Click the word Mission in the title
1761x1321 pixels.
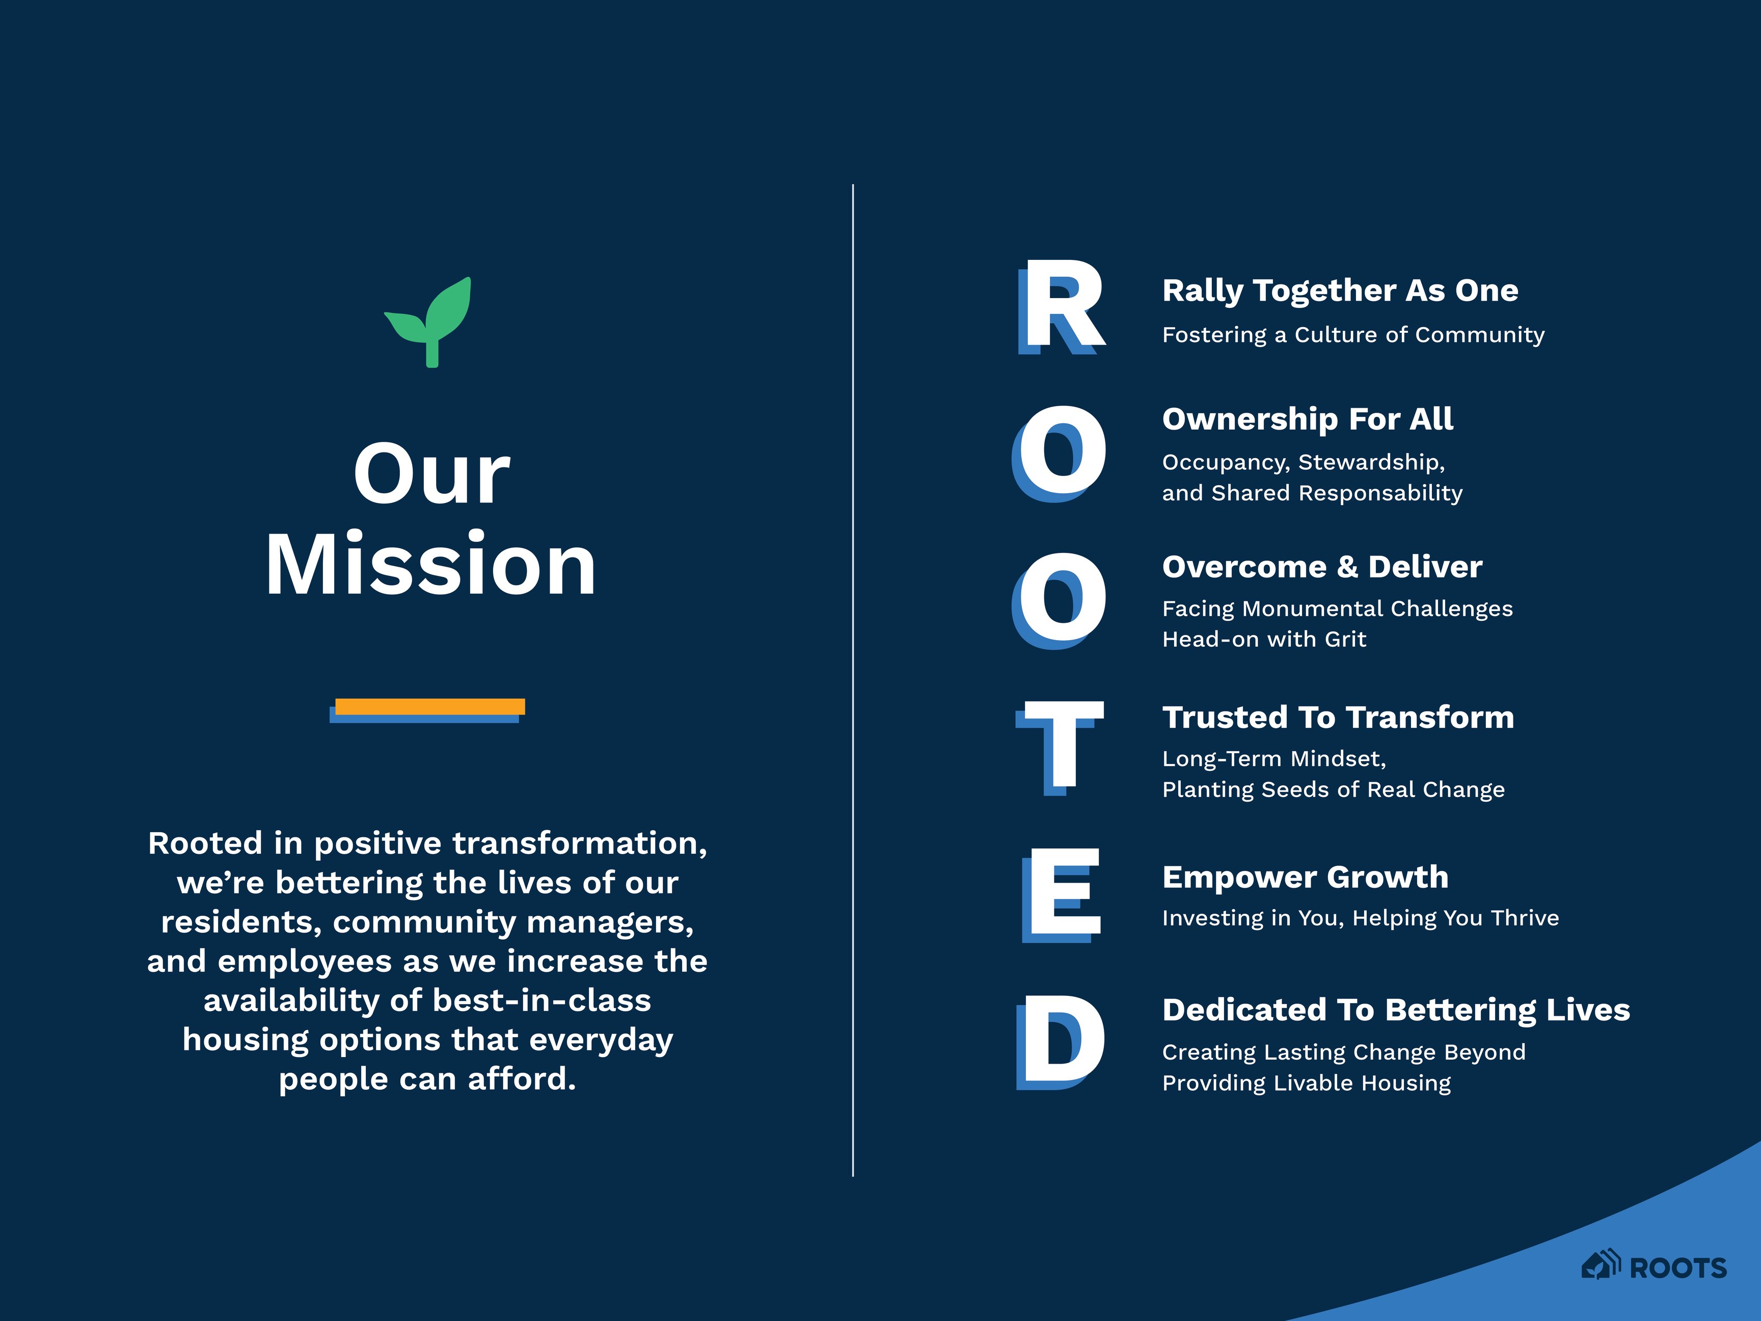tap(430, 565)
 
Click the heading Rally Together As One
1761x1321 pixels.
tap(1340, 290)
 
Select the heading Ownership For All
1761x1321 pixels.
tap(1307, 419)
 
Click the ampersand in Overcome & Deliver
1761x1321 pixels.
tap(1347, 567)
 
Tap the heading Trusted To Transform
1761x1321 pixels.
tap(1338, 718)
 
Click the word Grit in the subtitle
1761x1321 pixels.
tap(1345, 640)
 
